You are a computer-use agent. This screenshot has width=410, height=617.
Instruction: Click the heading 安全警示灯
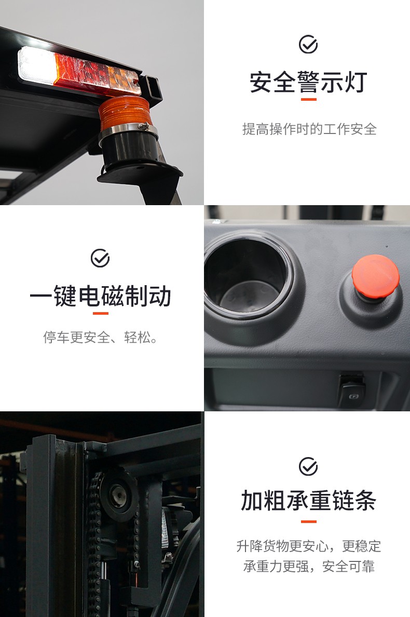[309, 82]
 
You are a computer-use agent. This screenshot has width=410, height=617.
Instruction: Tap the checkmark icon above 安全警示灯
[308, 44]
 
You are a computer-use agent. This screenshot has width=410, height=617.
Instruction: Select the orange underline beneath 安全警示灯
[309, 100]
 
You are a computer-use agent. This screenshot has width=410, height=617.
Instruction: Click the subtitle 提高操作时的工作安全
[309, 129]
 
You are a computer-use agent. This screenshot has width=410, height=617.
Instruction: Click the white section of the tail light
[37, 66]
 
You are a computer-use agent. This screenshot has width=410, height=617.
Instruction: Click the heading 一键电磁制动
[101, 296]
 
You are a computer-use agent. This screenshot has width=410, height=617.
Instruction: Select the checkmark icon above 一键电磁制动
[100, 258]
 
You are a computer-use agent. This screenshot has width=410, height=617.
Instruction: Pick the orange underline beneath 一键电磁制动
[101, 313]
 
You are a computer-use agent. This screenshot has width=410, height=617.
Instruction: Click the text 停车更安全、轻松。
[101, 337]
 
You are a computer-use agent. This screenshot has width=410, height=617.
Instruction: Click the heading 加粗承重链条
[309, 501]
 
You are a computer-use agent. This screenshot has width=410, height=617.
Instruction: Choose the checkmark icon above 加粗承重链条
[308, 467]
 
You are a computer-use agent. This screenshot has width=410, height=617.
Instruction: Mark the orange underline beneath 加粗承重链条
[309, 521]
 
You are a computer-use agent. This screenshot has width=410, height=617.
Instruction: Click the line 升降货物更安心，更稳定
[309, 546]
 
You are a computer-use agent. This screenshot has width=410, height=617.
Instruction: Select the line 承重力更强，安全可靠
[309, 567]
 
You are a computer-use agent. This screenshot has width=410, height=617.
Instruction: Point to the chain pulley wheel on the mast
[118, 494]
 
